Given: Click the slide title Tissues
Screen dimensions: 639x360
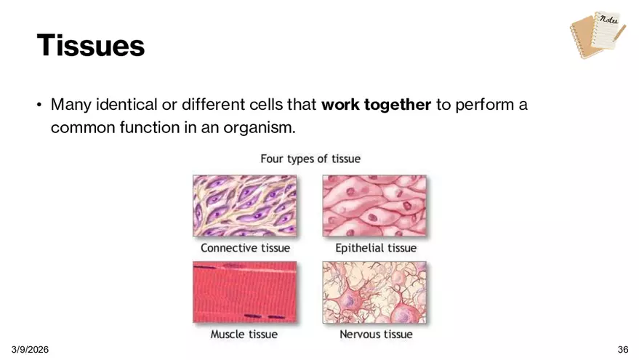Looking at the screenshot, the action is [x=90, y=45].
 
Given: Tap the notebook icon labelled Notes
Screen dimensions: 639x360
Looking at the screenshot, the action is [x=598, y=35].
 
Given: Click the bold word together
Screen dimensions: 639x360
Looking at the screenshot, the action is [x=398, y=105].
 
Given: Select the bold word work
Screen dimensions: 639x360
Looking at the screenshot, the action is [x=340, y=105].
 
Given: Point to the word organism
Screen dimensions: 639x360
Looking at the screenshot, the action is [x=260, y=128].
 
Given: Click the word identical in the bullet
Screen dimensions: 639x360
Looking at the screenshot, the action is [x=126, y=105].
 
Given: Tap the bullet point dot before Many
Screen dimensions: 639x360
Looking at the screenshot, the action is [x=39, y=105].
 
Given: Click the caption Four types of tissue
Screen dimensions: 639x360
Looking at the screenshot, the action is [x=310, y=159].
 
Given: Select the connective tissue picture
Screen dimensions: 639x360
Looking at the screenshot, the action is [x=244, y=206].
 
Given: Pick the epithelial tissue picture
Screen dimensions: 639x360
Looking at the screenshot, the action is [x=374, y=206].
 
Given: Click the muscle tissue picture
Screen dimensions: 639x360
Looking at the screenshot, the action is [x=244, y=292].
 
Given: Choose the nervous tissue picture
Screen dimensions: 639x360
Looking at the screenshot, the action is [x=374, y=292].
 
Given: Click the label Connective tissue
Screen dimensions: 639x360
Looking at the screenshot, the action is [x=245, y=248].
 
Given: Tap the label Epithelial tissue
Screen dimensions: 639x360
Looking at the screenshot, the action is [x=376, y=248].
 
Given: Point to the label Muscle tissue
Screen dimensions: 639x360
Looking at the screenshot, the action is [x=244, y=335].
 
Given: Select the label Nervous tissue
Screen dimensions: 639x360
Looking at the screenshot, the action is [x=376, y=335].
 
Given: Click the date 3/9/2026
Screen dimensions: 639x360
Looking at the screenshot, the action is [x=30, y=349].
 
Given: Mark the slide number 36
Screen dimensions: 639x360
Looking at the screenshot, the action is [x=623, y=349].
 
